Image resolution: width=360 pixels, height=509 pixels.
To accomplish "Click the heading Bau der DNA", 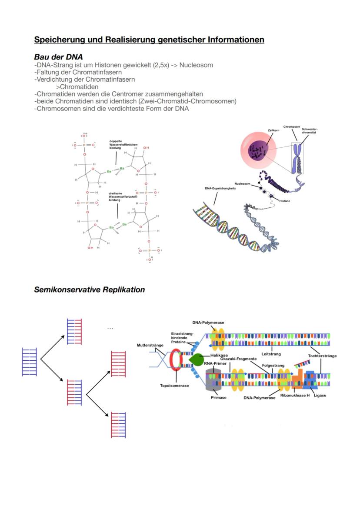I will [x=58, y=57].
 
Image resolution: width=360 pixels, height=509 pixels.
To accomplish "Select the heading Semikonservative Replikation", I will [x=90, y=289].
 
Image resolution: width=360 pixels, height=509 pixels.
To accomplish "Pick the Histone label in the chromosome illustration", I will [x=285, y=201].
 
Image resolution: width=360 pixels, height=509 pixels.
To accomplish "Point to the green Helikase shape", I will [x=196, y=359].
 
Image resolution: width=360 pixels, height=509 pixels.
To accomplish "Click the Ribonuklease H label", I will [x=295, y=396].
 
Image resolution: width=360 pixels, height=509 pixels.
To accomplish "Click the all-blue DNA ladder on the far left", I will [x=29, y=362].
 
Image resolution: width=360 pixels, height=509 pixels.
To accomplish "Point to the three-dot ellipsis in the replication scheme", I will [x=110, y=329].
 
